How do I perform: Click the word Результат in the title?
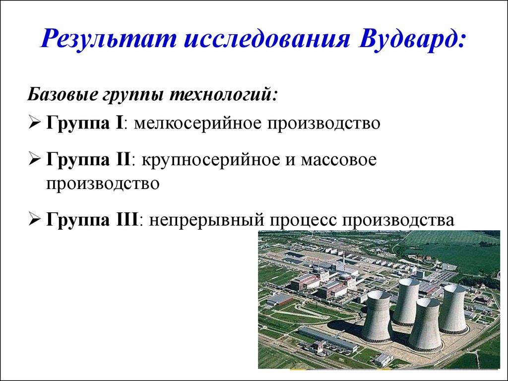point(109,39)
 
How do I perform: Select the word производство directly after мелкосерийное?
point(323,124)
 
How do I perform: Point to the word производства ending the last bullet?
point(398,220)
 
